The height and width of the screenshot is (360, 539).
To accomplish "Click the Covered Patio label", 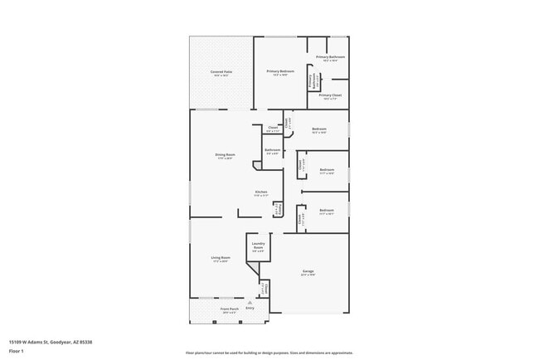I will coord(220,72).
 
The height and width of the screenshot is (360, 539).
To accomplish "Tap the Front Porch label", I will coord(229,309).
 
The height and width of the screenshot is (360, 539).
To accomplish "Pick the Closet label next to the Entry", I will coord(264,289).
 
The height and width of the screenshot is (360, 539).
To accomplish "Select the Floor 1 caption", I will coord(17,351).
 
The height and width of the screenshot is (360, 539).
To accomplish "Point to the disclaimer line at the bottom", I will coord(269,353).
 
